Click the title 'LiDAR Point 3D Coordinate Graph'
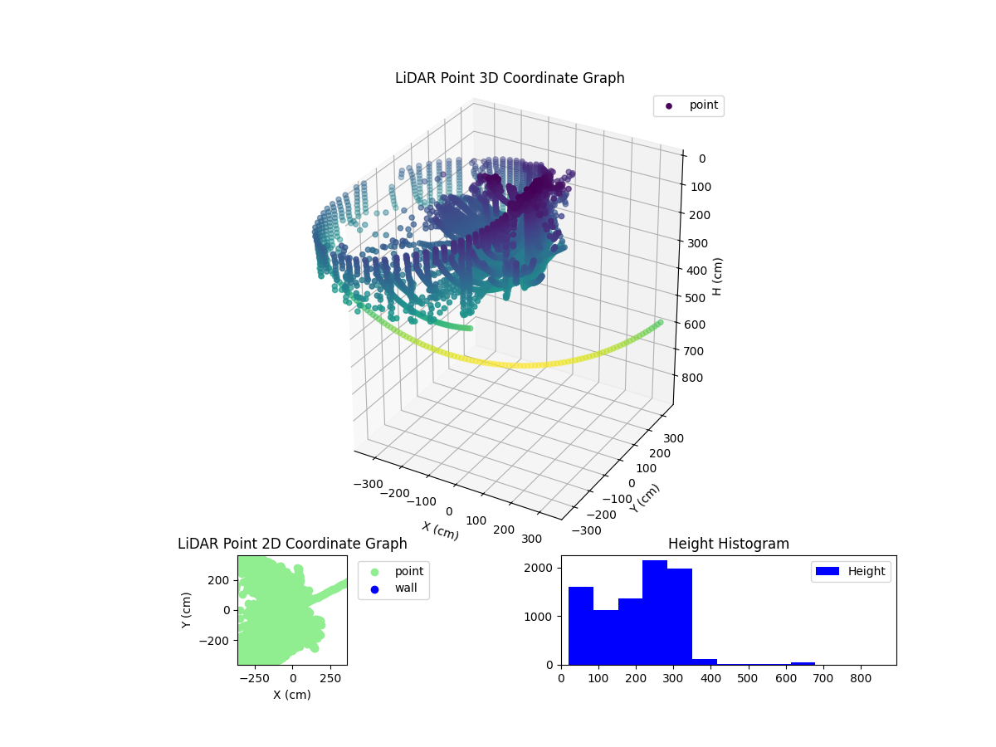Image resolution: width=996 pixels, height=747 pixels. coord(509,78)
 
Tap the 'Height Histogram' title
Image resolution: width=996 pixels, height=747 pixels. coord(728,544)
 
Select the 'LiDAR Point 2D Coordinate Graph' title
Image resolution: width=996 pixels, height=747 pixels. coord(292,544)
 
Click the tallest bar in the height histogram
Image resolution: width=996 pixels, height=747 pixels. coord(655,613)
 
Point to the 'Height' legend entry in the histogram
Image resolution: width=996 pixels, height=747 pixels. coord(851,571)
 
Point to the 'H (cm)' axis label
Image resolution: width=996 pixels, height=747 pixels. coord(717,276)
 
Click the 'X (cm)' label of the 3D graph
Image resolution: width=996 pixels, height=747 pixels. coord(440,530)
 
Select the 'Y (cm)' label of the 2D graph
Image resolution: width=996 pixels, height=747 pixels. coord(188,609)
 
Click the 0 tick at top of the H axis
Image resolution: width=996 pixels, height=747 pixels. coord(701,159)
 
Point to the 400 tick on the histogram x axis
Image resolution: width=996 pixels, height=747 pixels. coord(710,677)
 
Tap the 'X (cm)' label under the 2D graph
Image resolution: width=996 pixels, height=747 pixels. coord(292,695)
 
